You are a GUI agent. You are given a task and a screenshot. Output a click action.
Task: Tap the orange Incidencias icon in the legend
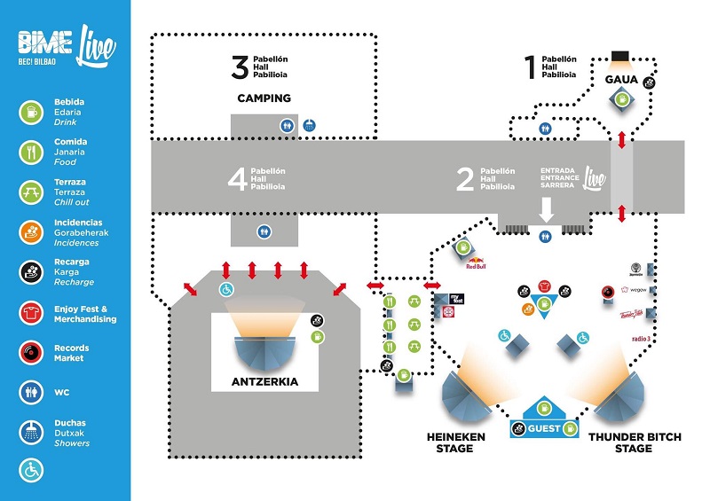click(30, 232)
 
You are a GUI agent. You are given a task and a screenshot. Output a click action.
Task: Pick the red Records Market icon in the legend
click(30, 352)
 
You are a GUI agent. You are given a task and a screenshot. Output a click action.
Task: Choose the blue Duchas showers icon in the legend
click(30, 432)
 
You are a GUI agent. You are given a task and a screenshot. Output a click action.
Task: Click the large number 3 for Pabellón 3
click(239, 67)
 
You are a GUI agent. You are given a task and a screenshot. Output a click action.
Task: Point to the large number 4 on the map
click(237, 180)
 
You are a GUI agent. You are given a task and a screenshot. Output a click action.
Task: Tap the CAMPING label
click(264, 98)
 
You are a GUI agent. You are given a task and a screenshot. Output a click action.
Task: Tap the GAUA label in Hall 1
click(621, 80)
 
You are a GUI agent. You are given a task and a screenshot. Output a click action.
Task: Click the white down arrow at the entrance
click(547, 209)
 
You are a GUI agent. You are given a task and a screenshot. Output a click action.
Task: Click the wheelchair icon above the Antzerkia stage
click(225, 290)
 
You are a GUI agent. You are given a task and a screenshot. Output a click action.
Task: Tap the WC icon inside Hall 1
click(545, 127)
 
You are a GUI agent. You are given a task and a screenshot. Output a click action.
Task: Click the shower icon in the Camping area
click(309, 125)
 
